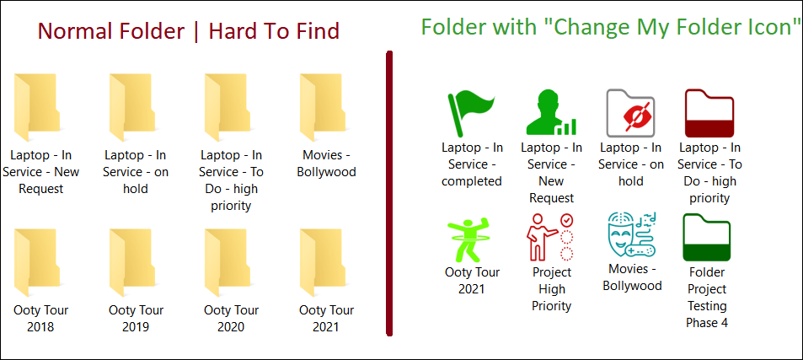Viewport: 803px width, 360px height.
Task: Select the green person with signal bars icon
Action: click(x=551, y=113)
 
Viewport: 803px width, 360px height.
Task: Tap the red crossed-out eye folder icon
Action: click(x=630, y=113)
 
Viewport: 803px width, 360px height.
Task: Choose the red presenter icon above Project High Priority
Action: click(x=549, y=238)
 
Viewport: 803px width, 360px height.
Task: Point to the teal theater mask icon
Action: click(x=632, y=235)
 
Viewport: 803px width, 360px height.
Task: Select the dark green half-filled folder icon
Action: click(x=707, y=238)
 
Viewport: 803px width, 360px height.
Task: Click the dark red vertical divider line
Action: click(x=390, y=194)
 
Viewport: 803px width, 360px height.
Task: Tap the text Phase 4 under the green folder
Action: click(x=707, y=323)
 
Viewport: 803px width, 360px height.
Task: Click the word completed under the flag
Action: click(x=472, y=181)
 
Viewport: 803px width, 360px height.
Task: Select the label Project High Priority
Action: click(x=552, y=289)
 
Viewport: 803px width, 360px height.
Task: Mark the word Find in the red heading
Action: click(x=318, y=31)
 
